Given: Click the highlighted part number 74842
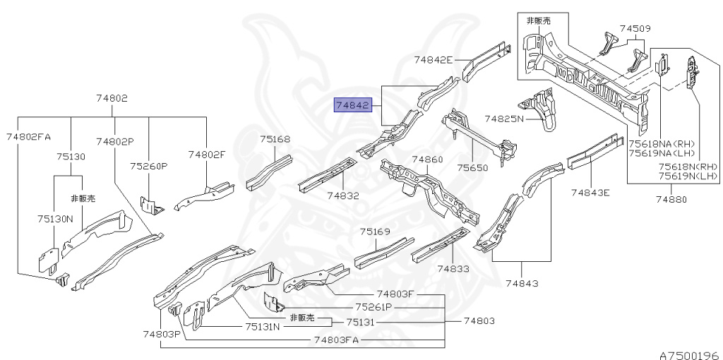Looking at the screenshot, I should tap(352, 105).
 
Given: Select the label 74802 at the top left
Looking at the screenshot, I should tap(112, 99).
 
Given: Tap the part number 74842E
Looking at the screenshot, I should tap(433, 60).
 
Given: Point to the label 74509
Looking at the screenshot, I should tap(635, 29).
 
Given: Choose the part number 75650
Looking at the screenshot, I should tap(472, 168).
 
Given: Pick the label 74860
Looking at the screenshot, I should tap(427, 160).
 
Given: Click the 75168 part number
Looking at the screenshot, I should tap(275, 139).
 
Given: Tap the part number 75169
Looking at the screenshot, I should tap(374, 232).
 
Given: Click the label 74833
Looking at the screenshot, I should tap(452, 268).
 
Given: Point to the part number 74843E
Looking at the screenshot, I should tap(590, 191).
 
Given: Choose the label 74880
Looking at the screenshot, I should tap(670, 200).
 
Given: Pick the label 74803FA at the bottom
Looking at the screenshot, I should tap(336, 340).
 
